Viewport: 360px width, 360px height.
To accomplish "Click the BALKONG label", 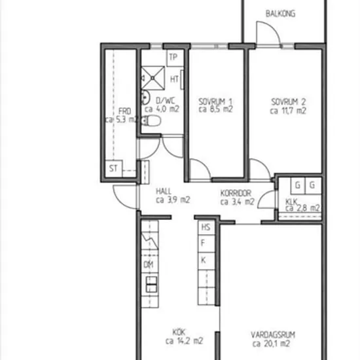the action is tap(280, 14).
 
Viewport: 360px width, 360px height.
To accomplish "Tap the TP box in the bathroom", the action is tap(175, 58).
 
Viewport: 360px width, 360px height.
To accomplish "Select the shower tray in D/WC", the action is tap(153, 78).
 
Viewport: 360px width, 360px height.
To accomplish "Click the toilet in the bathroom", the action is tap(151, 121).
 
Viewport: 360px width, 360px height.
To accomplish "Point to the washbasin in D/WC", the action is tap(145, 98).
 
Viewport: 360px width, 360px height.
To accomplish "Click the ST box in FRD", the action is tap(114, 168).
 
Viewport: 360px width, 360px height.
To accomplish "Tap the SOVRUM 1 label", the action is tap(215, 101).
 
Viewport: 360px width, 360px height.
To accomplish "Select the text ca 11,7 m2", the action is tap(288, 111).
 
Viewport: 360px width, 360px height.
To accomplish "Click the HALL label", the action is tap(164, 191).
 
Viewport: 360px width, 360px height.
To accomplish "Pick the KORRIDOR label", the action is tap(236, 193).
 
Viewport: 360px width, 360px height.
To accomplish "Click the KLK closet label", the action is tap(291, 202).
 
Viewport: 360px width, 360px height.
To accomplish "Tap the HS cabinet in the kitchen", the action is tap(206, 227).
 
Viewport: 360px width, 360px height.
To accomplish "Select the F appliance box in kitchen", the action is tap(206, 243).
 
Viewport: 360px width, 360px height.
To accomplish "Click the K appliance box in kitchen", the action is tap(206, 261).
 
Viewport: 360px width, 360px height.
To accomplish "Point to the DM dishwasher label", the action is tap(149, 264).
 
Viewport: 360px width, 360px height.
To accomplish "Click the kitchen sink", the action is tap(152, 284).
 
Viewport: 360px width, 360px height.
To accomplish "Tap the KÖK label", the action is tap(179, 333).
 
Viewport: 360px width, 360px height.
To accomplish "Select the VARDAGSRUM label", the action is tap(273, 335).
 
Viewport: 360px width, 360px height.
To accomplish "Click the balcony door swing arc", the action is tap(273, 27).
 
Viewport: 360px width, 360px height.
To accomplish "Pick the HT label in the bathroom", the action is tap(175, 79).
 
